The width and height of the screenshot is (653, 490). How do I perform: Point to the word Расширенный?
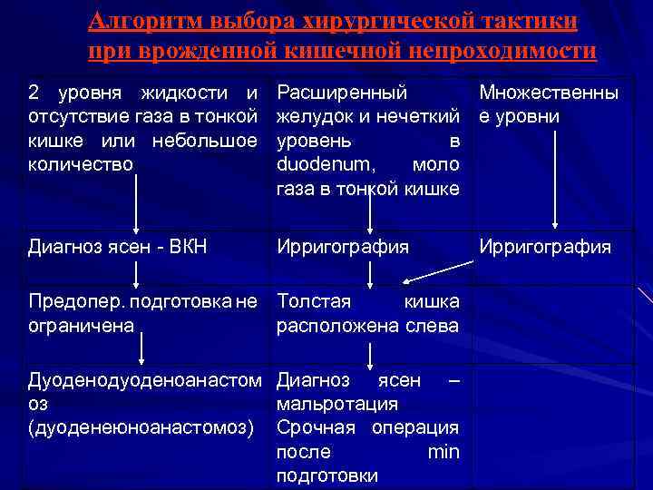tap(341, 93)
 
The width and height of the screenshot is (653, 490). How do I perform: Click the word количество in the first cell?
tap(81, 164)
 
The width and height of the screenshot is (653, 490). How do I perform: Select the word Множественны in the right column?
tap(550, 93)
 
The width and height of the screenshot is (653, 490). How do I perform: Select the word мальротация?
tap(336, 404)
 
